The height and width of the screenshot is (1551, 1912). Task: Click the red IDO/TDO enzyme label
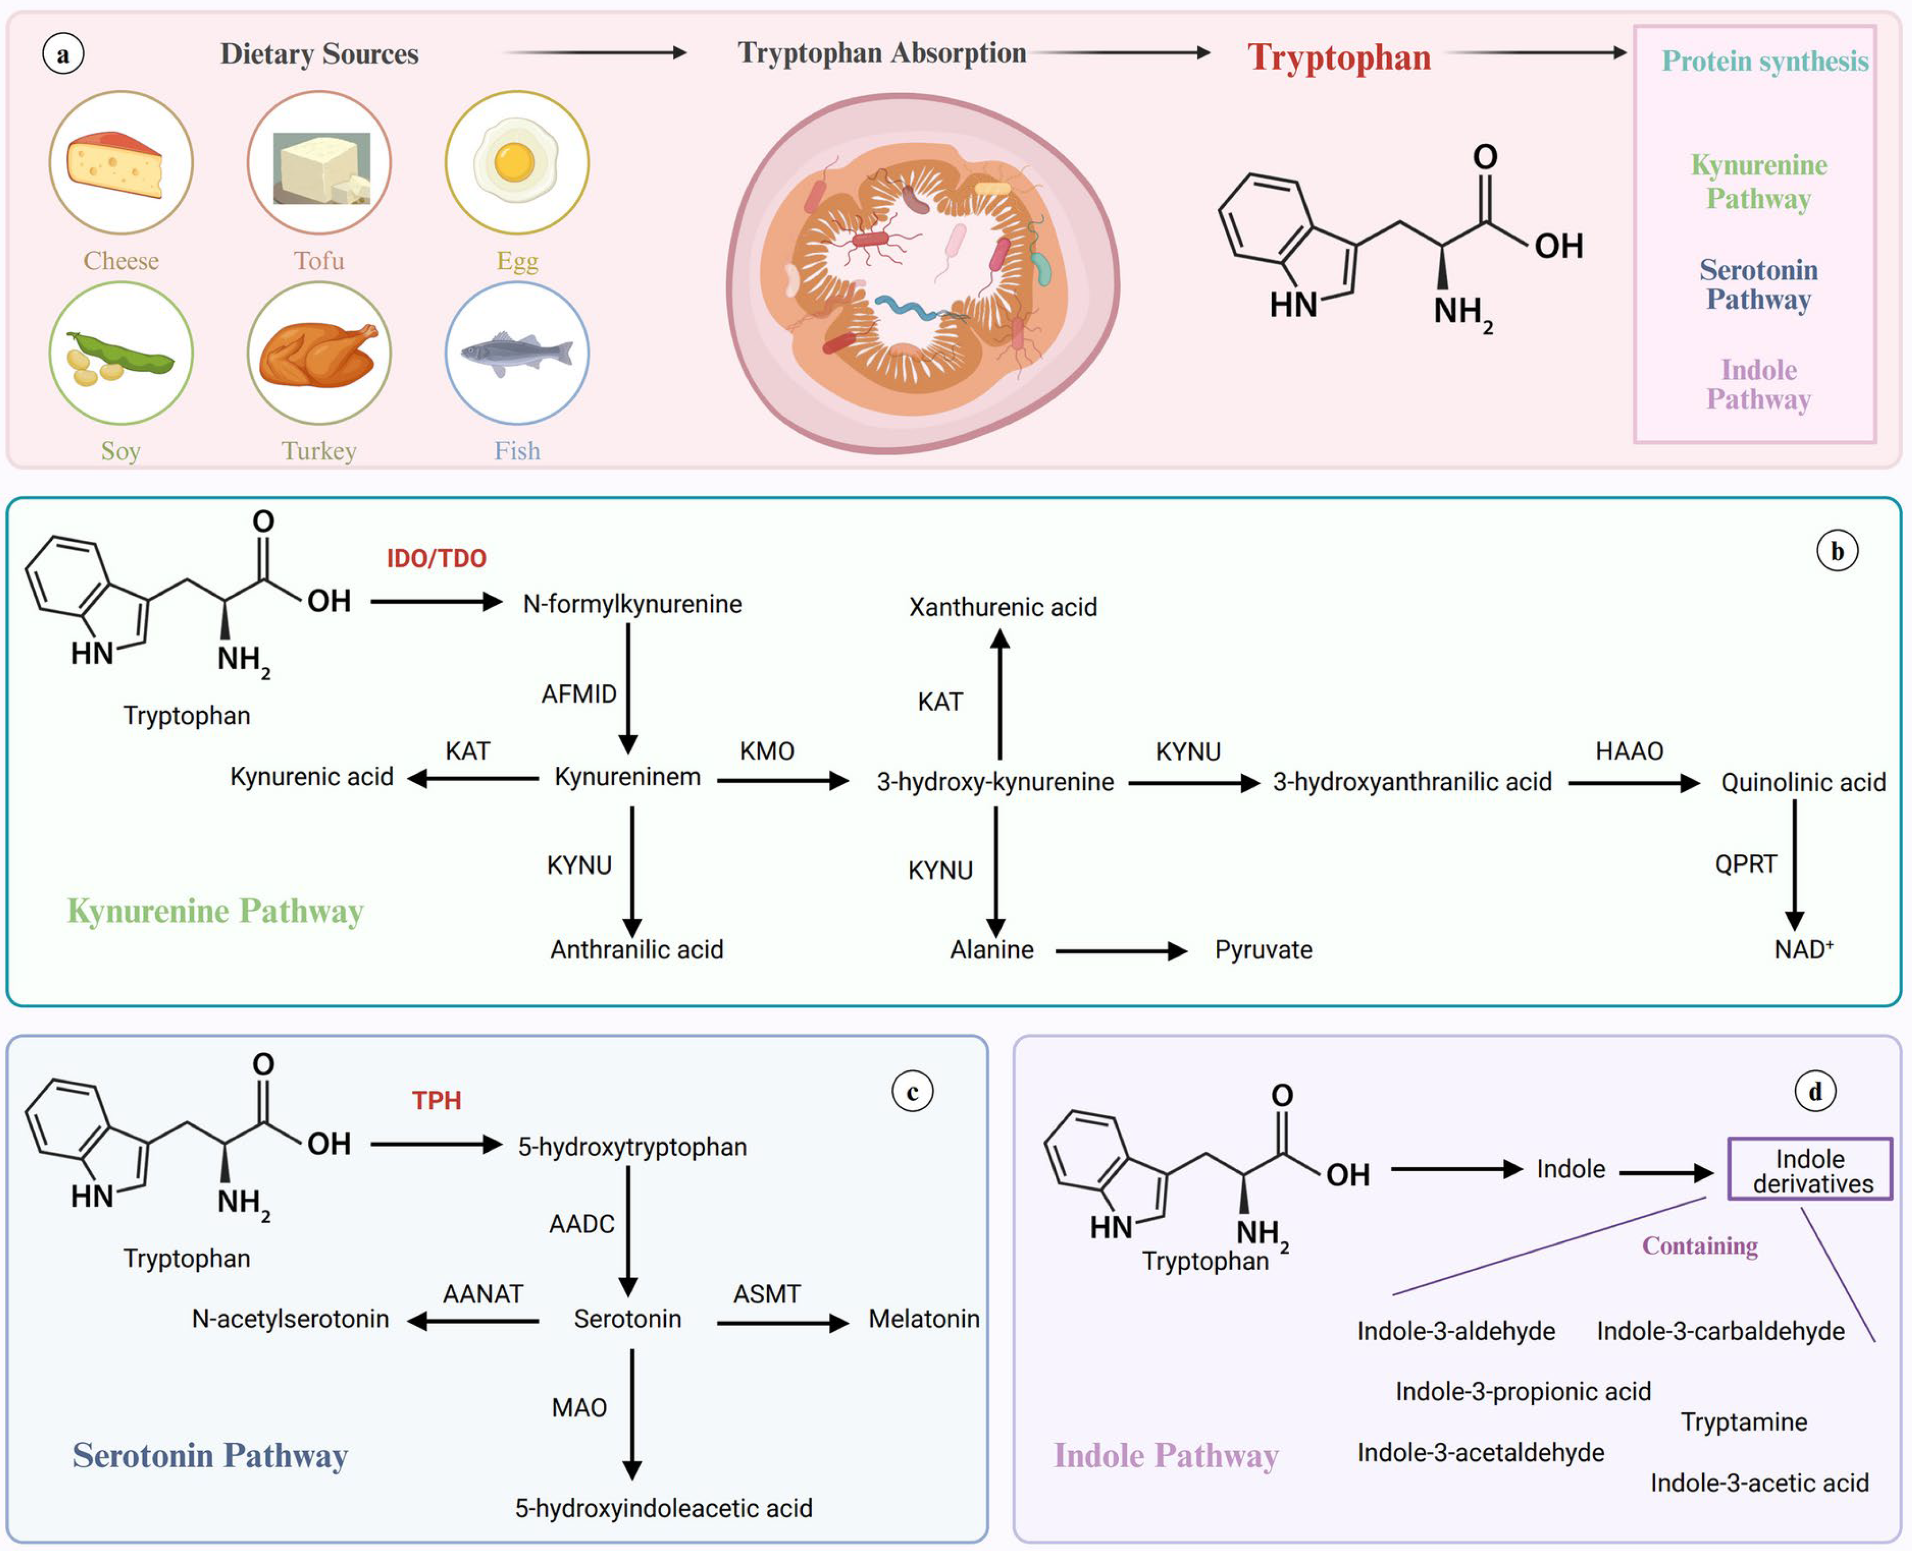436,558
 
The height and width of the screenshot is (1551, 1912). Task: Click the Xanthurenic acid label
1003,608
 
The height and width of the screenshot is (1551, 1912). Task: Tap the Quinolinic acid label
1803,783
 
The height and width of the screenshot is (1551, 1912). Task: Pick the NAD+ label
1803,949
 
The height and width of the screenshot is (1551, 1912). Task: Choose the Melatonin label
924,1319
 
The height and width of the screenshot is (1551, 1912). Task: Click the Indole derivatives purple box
1810,1169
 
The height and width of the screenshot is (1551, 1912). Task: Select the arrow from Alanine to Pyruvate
1121,951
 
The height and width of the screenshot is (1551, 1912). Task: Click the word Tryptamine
1744,1421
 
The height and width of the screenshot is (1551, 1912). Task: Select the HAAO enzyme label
1629,752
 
